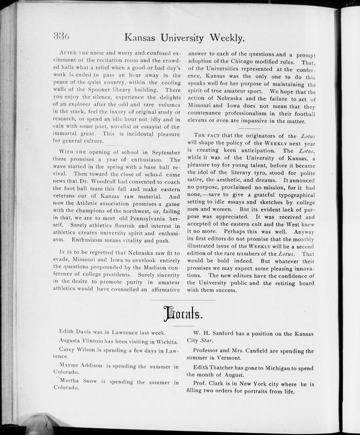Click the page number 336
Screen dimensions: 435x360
(x=62, y=36)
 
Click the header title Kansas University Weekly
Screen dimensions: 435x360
(x=184, y=38)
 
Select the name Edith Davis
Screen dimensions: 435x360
(x=76, y=331)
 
